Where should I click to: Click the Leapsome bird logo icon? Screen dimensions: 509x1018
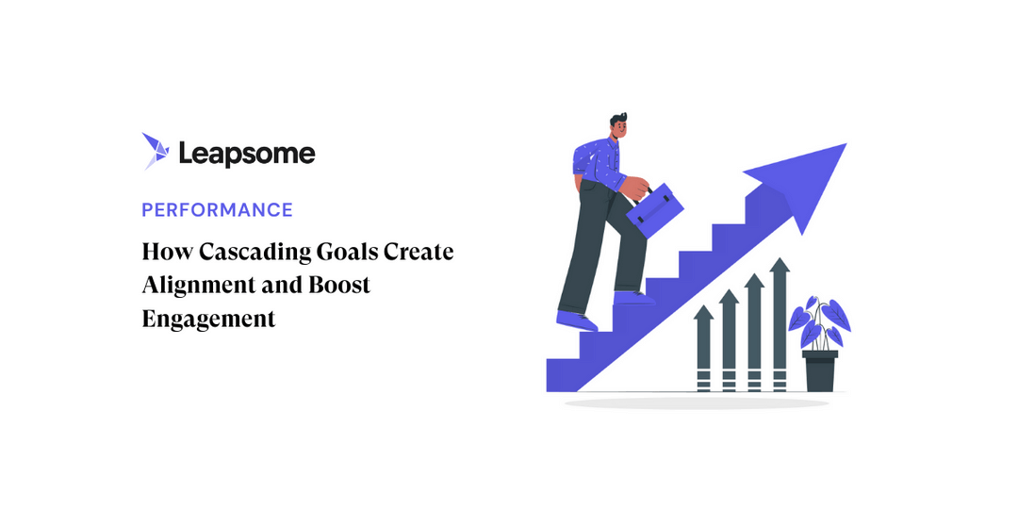click(x=155, y=151)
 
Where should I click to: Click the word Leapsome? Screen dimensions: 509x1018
click(x=247, y=154)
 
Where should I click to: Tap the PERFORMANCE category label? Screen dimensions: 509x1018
click(x=217, y=210)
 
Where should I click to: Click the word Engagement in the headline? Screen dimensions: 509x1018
click(x=208, y=319)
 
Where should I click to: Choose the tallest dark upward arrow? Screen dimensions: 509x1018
click(x=779, y=321)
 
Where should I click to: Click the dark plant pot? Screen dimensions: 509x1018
click(x=819, y=370)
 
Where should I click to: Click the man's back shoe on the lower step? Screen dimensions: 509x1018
click(x=577, y=320)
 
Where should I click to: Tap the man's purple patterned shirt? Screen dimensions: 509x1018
click(x=598, y=160)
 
